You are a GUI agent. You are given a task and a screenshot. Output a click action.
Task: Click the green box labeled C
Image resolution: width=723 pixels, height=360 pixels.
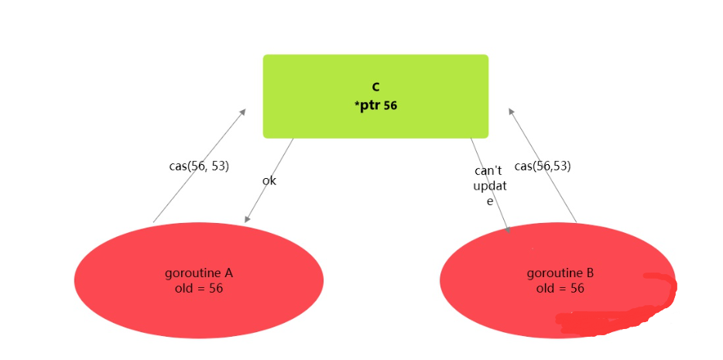tap(433, 74)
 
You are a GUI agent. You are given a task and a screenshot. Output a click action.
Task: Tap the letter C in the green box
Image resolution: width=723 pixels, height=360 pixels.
tap(375, 87)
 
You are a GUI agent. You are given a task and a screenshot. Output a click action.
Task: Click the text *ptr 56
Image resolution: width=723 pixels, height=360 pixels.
tap(375, 105)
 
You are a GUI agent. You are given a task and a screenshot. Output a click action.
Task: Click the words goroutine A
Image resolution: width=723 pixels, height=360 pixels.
tap(199, 273)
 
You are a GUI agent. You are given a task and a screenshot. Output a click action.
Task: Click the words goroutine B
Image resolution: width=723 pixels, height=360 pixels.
tap(560, 273)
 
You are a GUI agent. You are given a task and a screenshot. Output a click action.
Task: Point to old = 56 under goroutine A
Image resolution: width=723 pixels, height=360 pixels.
tap(199, 288)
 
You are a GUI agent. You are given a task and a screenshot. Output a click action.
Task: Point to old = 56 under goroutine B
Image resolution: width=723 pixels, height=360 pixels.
tap(560, 288)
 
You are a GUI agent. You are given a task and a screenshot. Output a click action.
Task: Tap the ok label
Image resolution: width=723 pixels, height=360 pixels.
tap(269, 180)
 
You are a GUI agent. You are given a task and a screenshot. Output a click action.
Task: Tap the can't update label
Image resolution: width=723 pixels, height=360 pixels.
tap(488, 185)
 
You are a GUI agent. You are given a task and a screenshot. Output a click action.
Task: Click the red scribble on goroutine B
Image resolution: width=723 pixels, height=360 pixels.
tap(619, 314)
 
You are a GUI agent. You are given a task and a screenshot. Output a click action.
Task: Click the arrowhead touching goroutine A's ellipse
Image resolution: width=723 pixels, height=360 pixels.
tap(247, 219)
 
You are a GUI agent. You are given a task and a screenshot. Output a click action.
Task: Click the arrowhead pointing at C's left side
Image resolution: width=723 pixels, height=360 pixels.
tap(242, 111)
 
